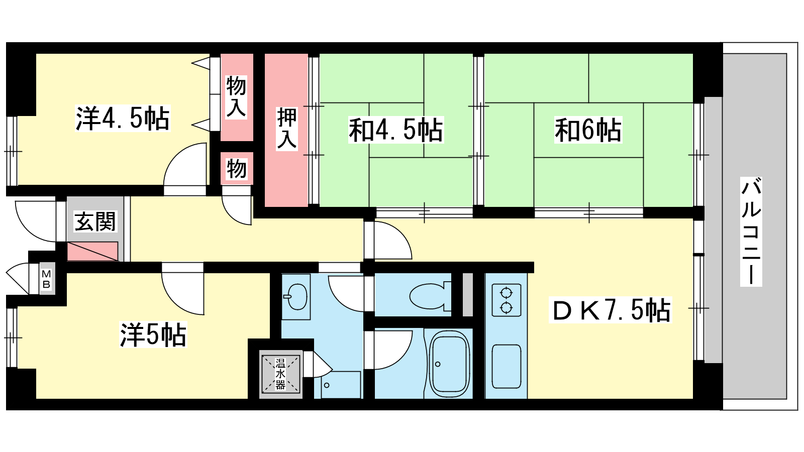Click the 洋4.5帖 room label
tap(123, 118)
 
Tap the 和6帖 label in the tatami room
tap(588, 130)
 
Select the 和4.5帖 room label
tap(396, 130)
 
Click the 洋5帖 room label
tap(153, 334)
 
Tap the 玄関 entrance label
tap(95, 221)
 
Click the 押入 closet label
tap(287, 128)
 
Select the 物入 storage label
tap(236, 97)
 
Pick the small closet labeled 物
tap(237, 169)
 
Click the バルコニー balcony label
tap(751, 232)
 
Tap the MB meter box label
tap(47, 279)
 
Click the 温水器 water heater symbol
tap(280, 374)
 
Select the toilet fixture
tap(430, 296)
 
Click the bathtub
tap(450, 364)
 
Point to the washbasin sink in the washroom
tap(296, 297)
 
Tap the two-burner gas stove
tap(507, 300)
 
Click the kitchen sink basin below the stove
tap(507, 366)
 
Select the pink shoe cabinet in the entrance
tap(92, 251)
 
